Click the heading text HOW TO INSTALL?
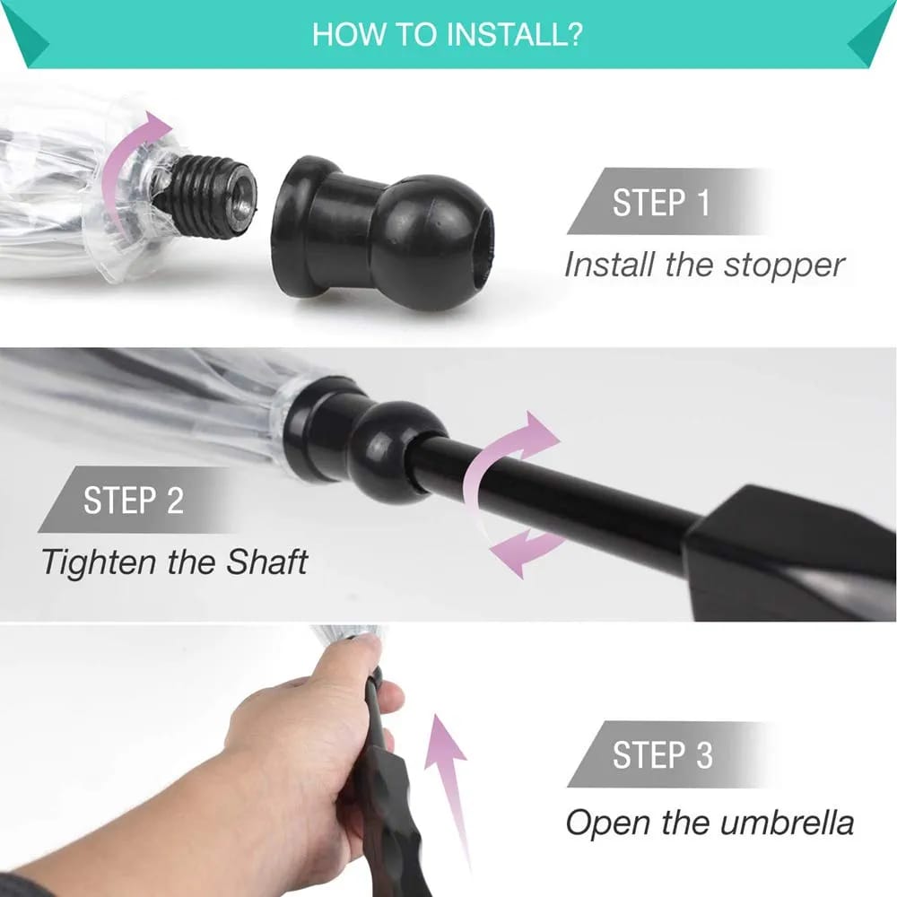click(448, 34)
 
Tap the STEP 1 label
click(661, 203)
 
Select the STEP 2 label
click(134, 501)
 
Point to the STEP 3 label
click(663, 755)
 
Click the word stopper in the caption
click(784, 266)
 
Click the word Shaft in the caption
click(267, 562)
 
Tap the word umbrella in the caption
click(787, 823)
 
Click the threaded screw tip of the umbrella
click(212, 196)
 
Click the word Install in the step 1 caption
click(609, 265)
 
